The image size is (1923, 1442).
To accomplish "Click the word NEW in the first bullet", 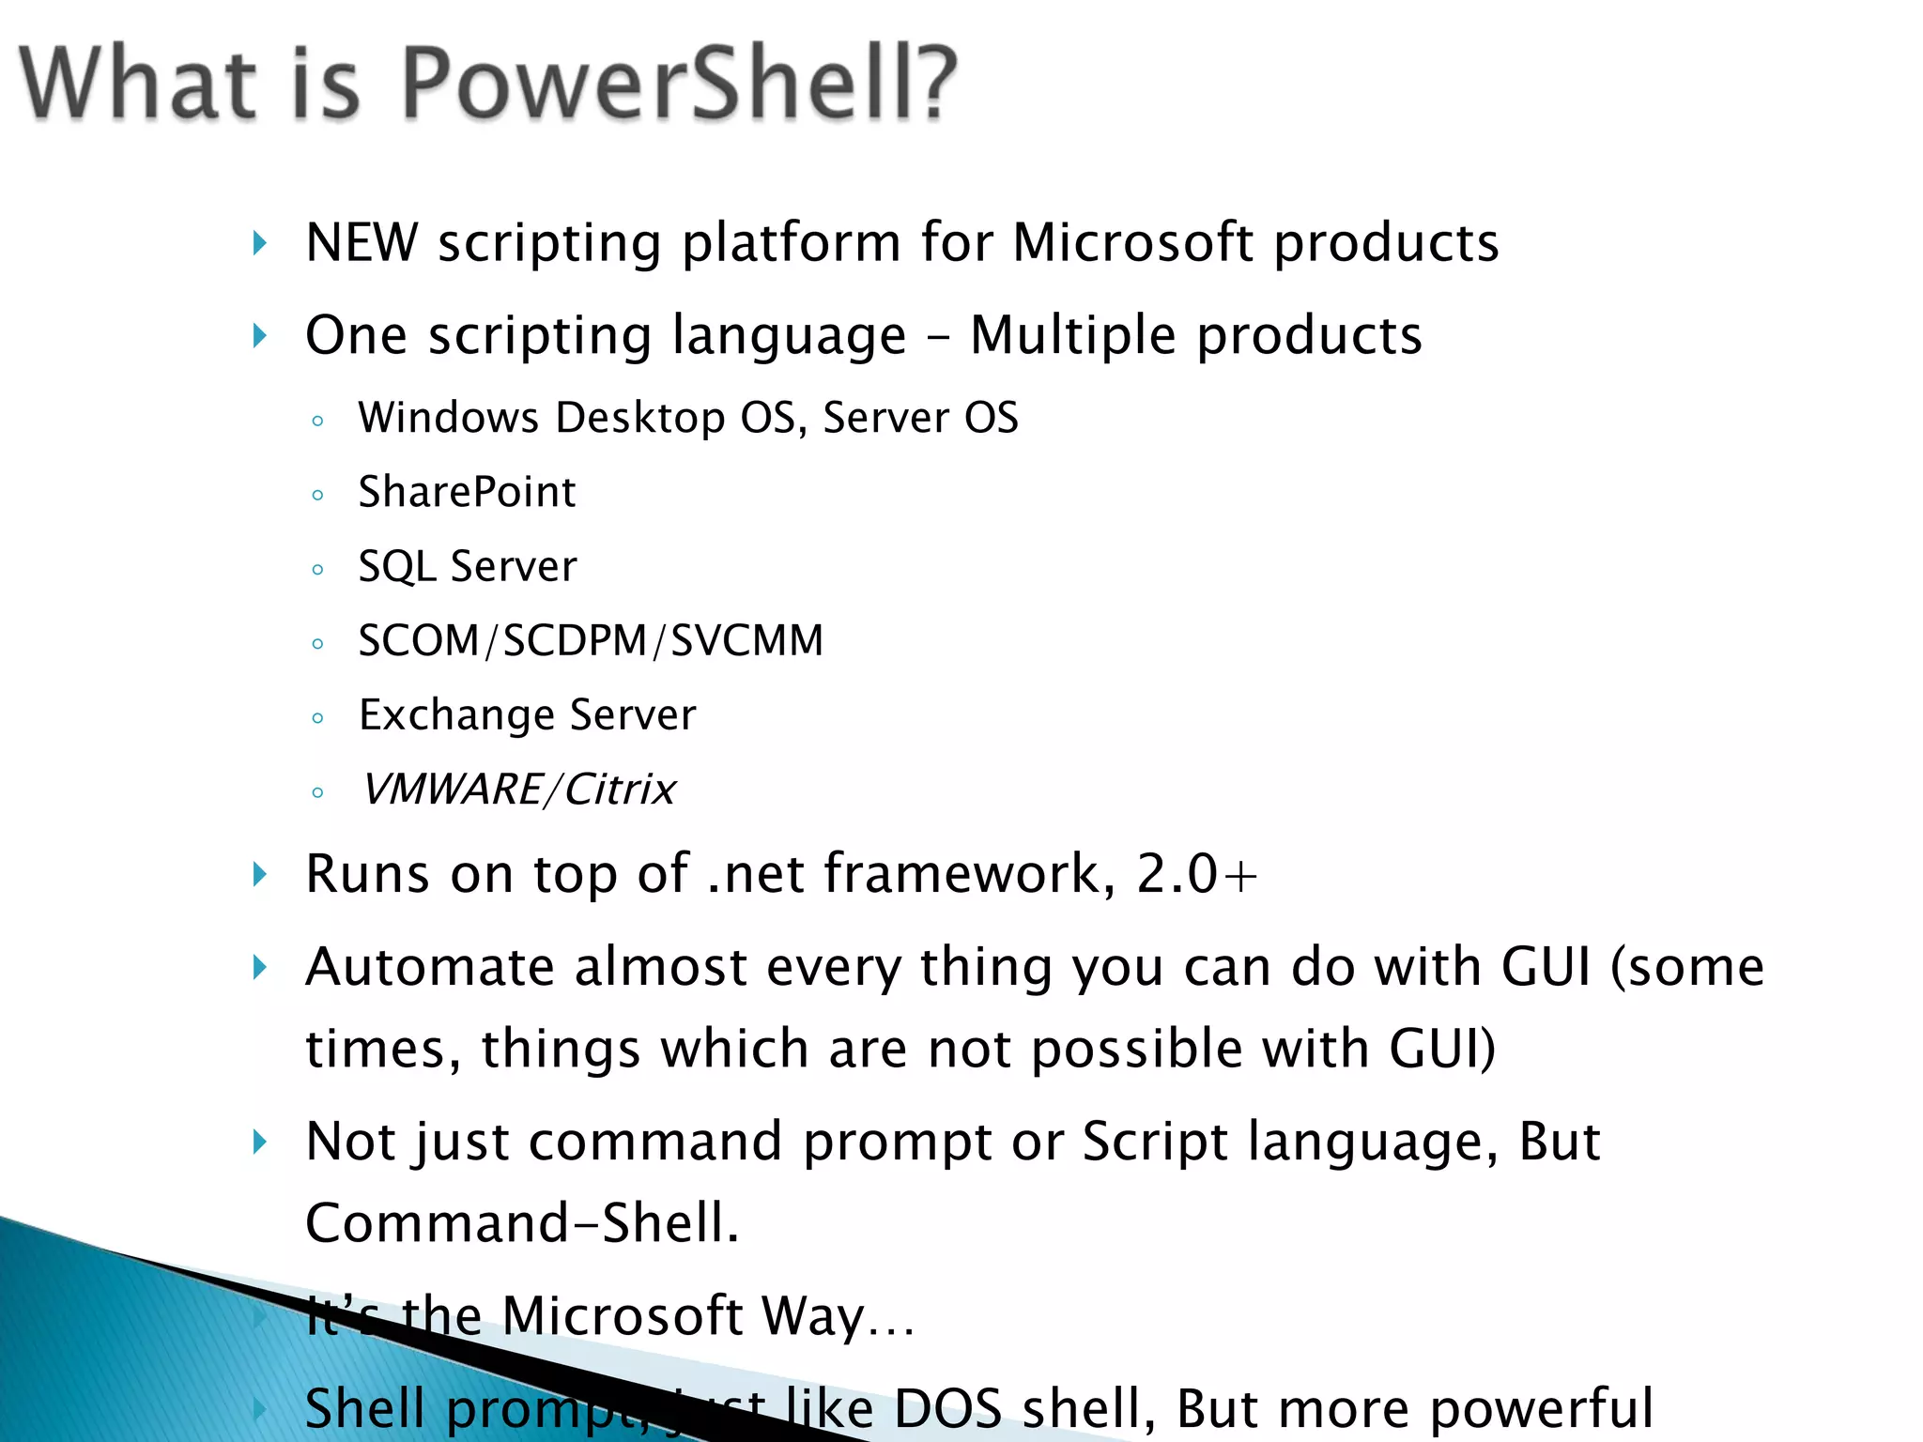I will click(362, 243).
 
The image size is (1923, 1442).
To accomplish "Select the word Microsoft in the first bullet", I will click(1132, 243).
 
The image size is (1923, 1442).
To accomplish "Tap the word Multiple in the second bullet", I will click(1072, 335).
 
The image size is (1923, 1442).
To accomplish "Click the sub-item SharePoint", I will click(467, 492).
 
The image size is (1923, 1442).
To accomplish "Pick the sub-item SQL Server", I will click(468, 566).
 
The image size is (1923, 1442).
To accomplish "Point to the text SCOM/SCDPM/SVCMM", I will click(591, 641).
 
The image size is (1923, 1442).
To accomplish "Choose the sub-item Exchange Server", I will click(528, 715).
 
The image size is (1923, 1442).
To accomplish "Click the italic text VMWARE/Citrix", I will click(518, 790).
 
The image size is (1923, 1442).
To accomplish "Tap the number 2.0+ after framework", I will click(1196, 874).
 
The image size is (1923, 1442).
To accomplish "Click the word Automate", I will click(430, 967).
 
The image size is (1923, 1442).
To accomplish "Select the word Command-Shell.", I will click(522, 1223).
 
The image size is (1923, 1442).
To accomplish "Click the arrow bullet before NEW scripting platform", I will click(260, 244).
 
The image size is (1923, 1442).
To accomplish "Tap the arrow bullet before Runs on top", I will click(260, 875).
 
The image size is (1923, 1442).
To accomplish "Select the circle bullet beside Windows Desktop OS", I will click(317, 422).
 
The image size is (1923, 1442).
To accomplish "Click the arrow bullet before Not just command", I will click(260, 1143).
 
